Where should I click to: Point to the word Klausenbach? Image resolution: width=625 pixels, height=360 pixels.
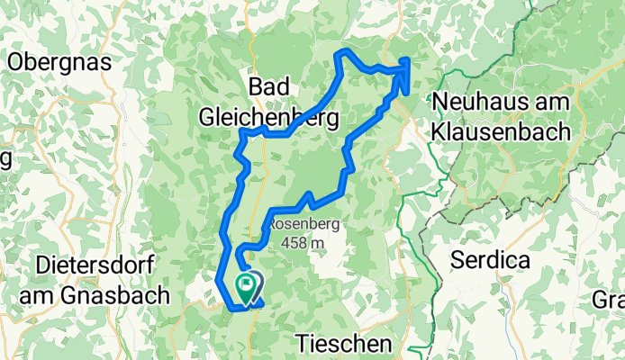pos(500,130)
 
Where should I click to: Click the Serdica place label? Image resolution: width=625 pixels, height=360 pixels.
pos(490,261)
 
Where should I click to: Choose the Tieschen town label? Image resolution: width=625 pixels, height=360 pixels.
pos(344,344)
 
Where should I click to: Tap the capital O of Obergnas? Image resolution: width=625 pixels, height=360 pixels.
pos(14,62)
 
